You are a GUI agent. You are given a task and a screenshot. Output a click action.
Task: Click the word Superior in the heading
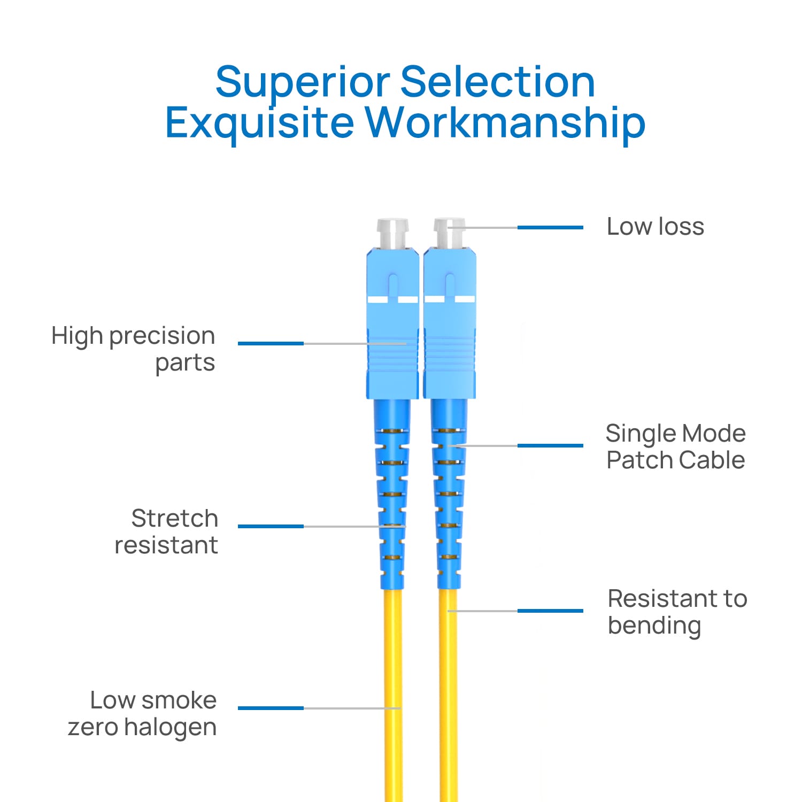coord(303,83)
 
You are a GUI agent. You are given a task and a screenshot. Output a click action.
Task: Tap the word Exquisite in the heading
coord(259,124)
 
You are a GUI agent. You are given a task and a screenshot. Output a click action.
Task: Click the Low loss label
coord(655,227)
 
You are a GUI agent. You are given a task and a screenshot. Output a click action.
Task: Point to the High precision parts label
coord(134,349)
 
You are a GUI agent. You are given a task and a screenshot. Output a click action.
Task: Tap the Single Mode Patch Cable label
coord(675,446)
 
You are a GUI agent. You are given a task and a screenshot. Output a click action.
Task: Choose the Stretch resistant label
coord(167,531)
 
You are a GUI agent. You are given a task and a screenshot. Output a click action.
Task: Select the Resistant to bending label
coord(677,612)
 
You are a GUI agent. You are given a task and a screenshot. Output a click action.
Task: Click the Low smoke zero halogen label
coord(143,713)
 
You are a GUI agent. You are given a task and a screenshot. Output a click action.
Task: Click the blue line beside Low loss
coord(550,228)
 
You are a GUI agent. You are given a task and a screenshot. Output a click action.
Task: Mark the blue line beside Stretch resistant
coord(271,526)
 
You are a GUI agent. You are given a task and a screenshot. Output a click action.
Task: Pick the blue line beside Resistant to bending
coord(550,611)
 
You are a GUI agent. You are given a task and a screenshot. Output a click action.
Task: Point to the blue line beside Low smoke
coord(271,708)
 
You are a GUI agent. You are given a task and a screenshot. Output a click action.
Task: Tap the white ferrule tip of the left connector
coord(392,233)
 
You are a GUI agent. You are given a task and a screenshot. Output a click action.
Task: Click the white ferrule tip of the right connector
coord(449,233)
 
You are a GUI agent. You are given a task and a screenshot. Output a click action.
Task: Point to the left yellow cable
coord(394,695)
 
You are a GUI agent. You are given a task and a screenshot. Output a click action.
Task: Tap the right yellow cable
coord(448,695)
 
